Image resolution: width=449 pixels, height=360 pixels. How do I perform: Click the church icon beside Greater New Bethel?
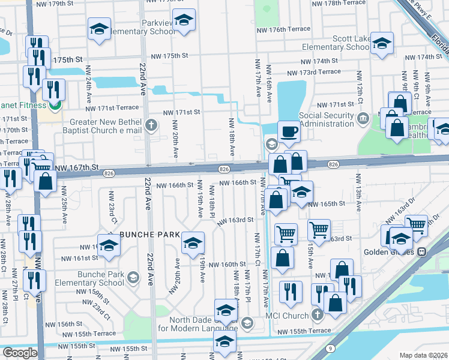tap(151, 126)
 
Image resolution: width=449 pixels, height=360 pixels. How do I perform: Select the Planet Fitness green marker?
tap(54, 105)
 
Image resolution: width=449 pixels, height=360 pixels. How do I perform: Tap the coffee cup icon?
tap(289, 131)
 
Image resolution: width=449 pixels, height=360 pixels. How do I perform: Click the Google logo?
tap(20, 353)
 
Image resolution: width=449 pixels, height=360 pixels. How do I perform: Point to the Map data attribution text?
tap(423, 355)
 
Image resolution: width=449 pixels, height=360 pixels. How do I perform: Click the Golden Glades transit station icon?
tap(421, 251)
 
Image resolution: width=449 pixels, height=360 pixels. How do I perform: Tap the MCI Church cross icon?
tap(316, 315)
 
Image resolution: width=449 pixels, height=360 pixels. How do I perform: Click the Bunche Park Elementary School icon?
tap(133, 278)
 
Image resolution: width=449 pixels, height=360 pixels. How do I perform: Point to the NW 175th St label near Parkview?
tap(167, 55)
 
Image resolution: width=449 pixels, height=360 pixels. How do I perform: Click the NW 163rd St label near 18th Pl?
tap(236, 220)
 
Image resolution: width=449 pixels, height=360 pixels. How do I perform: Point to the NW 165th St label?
tap(327, 203)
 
